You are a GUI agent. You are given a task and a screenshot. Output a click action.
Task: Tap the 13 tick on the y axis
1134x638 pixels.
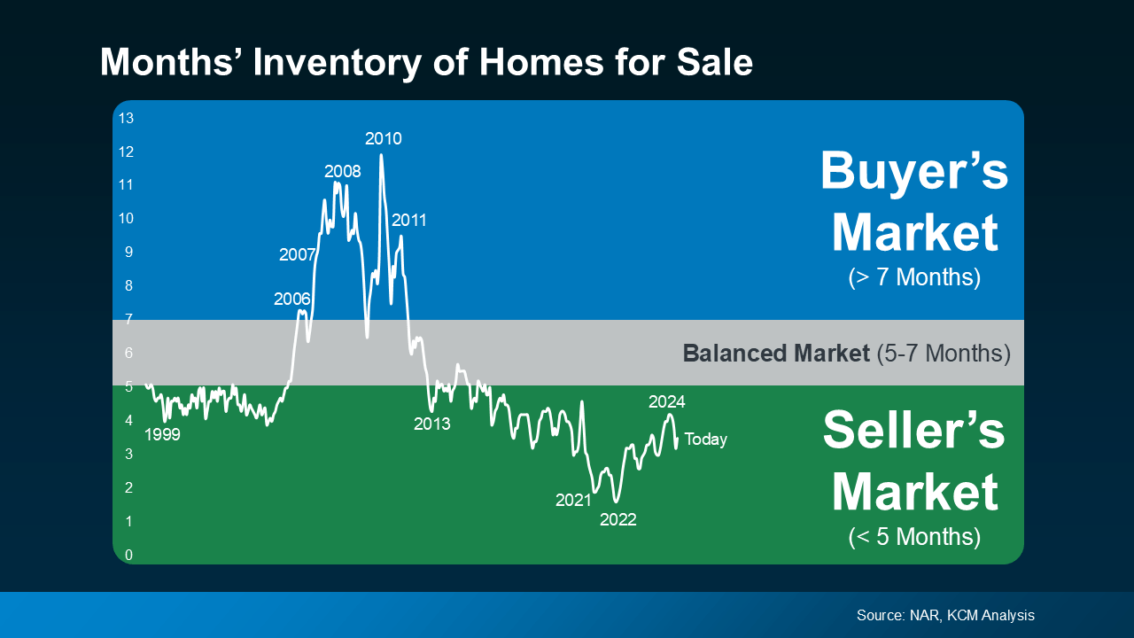(126, 118)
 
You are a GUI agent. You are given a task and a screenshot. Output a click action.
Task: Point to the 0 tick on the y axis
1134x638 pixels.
(128, 555)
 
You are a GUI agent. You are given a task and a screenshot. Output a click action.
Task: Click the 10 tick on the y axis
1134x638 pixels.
(126, 218)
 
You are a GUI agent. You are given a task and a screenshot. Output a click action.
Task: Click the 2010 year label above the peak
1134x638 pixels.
(384, 138)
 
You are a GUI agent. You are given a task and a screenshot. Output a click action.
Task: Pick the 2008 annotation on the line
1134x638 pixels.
(343, 171)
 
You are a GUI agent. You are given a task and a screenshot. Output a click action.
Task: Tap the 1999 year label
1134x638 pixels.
(162, 434)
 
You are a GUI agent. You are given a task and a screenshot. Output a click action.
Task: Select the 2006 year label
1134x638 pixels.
(292, 299)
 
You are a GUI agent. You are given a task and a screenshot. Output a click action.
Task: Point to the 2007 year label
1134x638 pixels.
(298, 255)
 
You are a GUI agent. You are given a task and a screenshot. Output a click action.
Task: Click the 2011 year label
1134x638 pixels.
(409, 220)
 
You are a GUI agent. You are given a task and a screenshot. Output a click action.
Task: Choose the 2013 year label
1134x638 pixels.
(432, 424)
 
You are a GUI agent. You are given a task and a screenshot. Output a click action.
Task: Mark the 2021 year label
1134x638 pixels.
(574, 500)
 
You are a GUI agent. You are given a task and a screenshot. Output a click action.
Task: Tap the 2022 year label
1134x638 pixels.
(618, 519)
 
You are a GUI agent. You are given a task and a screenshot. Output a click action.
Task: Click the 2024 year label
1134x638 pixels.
(667, 401)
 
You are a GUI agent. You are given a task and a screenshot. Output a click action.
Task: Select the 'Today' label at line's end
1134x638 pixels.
(705, 440)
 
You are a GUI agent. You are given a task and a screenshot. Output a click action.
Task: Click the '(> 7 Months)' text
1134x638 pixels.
(914, 277)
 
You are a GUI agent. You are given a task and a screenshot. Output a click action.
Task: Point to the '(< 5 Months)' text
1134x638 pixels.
(914, 537)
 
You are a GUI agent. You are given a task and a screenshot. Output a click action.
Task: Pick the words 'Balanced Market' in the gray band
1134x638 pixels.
(776, 354)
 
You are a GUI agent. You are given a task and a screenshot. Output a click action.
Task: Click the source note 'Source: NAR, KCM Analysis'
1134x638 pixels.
(945, 615)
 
